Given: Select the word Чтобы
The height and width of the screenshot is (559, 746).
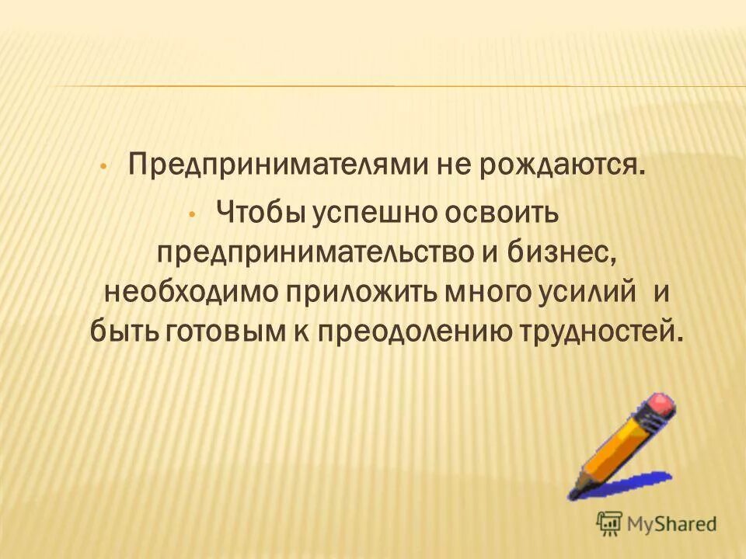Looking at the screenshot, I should pos(260,210).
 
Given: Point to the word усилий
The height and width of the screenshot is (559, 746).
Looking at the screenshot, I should pos(597,293).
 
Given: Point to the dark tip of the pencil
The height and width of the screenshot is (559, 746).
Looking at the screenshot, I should pos(573,491).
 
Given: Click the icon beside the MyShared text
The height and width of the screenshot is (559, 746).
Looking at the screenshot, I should pos(609,523).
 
